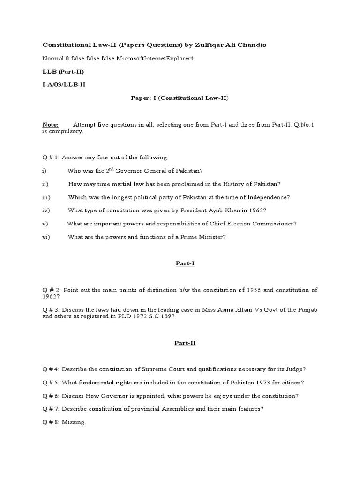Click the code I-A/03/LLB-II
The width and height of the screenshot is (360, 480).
[64, 84]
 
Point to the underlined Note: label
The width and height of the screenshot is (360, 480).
[51, 125]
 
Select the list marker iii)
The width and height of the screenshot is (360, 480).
[46, 197]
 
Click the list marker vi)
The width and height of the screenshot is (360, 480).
[46, 237]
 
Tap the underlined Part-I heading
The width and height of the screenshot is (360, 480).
[185, 263]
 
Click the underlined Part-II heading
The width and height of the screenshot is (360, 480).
[185, 343]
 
